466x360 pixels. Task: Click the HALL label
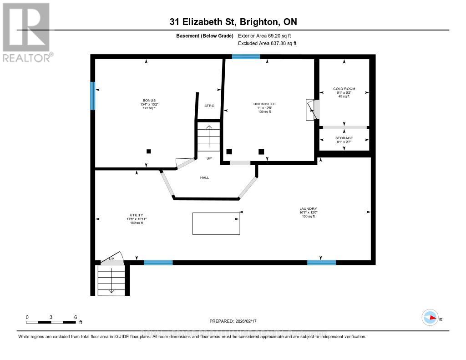click(x=205, y=177)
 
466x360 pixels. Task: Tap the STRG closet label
click(x=209, y=106)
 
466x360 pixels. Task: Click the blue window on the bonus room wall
click(x=93, y=96)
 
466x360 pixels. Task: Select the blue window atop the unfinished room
click(x=246, y=57)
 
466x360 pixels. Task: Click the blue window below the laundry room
click(x=321, y=262)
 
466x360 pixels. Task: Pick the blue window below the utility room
click(x=158, y=262)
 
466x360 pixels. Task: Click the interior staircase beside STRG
click(x=209, y=136)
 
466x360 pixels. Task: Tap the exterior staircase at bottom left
click(x=111, y=280)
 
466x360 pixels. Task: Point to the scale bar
click(x=51, y=322)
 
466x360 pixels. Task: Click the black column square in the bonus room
click(x=148, y=152)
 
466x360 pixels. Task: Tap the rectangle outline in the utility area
click(x=216, y=223)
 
